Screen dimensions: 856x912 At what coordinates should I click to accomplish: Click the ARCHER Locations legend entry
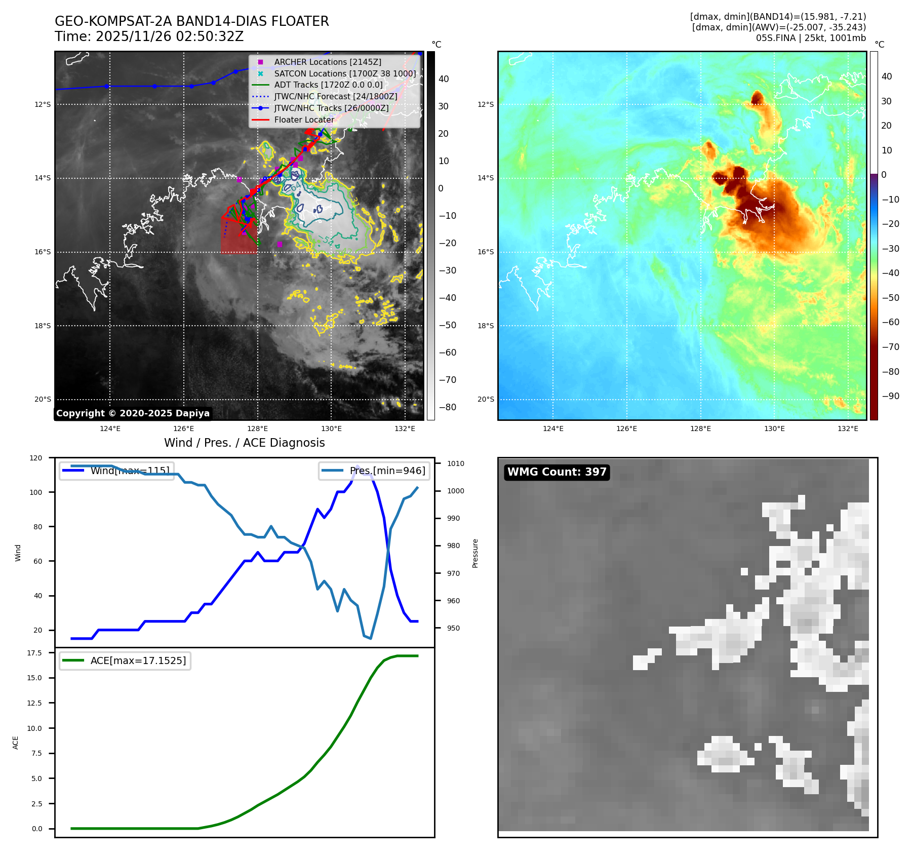(328, 62)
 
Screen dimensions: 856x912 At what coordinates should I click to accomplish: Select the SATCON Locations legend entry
(345, 73)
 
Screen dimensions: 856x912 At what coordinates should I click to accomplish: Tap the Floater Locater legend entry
(304, 120)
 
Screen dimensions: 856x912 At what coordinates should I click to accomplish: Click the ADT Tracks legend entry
(328, 85)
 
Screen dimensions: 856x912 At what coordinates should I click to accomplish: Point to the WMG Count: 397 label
(557, 472)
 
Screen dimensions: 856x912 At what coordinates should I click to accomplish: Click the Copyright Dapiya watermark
(133, 413)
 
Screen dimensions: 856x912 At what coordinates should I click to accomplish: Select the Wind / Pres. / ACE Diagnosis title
(244, 443)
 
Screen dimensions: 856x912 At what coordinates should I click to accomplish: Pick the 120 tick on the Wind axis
(36, 458)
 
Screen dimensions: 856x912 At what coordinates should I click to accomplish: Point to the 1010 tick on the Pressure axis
(456, 463)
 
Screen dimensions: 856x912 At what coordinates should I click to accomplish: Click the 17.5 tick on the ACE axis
(34, 653)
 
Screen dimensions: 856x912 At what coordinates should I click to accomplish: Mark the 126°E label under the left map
(184, 429)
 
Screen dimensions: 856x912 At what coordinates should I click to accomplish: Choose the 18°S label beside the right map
(486, 326)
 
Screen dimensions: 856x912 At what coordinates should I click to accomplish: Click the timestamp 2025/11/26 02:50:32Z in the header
(170, 36)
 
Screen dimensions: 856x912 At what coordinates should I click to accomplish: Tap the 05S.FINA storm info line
(811, 38)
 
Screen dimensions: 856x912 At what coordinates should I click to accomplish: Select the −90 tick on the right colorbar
(890, 396)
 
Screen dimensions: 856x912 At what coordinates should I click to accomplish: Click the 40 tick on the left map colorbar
(444, 79)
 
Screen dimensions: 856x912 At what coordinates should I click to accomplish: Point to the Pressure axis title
(475, 553)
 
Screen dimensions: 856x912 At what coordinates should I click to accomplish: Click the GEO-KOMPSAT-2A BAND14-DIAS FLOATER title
(191, 21)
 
